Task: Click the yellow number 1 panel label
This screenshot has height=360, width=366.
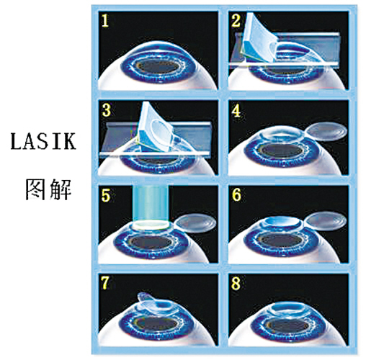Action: [105, 21]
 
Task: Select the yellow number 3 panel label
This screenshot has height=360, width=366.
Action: [107, 110]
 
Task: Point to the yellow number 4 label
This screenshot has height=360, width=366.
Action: [236, 110]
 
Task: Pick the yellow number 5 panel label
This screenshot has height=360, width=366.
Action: [106, 195]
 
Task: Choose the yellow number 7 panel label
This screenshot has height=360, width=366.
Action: [105, 283]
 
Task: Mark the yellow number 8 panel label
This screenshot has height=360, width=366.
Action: [236, 283]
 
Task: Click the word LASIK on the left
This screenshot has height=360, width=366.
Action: [43, 142]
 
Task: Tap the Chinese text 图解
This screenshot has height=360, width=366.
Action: [48, 189]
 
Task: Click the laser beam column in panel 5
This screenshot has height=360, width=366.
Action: [151, 203]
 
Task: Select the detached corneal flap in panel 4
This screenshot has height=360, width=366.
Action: [327, 132]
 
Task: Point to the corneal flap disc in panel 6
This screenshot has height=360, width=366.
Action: [326, 221]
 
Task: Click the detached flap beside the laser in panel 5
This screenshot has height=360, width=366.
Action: [196, 223]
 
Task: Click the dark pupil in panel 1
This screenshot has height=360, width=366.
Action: [159, 66]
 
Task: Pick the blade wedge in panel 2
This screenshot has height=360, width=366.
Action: [259, 38]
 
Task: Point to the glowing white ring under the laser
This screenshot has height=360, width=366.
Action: [151, 225]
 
